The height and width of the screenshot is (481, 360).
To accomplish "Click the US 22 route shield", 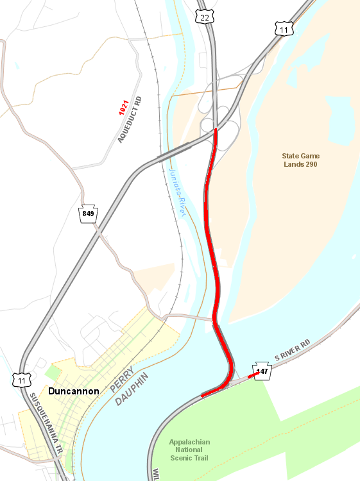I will tap(205, 17).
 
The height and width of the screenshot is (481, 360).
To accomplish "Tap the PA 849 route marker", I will tap(88, 214).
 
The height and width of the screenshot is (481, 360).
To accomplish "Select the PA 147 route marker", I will tap(262, 372).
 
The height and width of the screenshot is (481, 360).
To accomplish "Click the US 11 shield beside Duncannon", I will tap(22, 380).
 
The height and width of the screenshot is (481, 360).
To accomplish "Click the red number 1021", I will tap(123, 107).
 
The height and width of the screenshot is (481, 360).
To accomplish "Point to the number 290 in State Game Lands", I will tap(311, 165).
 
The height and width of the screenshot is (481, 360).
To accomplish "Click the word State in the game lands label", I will tap(291, 156).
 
